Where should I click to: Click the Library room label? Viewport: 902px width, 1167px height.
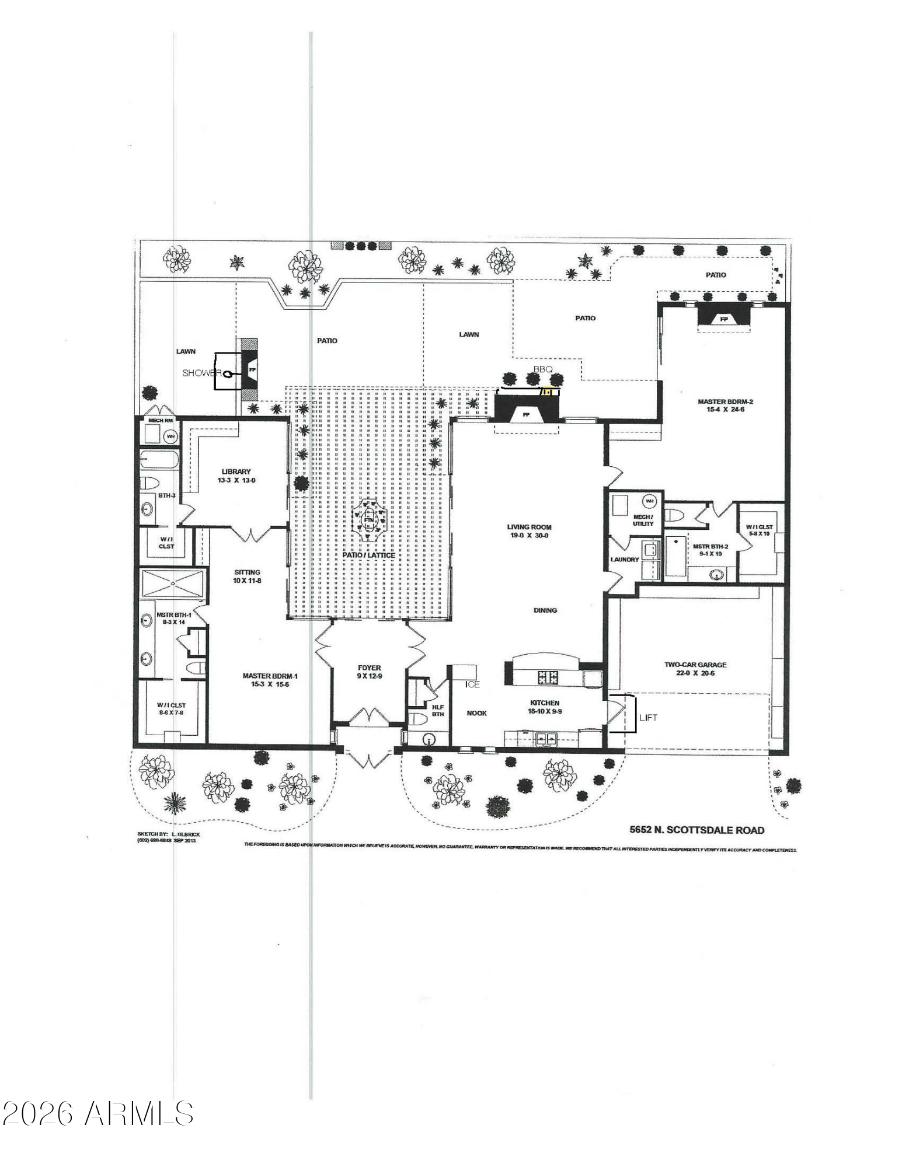tap(236, 476)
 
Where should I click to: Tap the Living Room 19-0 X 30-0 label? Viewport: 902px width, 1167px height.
tap(529, 531)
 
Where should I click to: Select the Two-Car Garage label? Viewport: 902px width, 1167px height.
tap(695, 669)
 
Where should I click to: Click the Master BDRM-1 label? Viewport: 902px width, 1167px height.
tap(270, 680)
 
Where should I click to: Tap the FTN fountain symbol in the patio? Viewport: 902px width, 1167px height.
tap(369, 517)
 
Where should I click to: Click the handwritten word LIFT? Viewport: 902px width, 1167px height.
tap(648, 718)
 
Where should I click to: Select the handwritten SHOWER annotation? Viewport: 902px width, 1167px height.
tap(202, 373)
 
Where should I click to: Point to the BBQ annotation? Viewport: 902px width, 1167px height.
tap(542, 369)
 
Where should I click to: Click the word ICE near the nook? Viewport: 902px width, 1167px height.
tap(472, 684)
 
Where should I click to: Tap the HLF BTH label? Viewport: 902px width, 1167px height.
tap(438, 710)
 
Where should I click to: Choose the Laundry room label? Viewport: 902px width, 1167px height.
tap(625, 559)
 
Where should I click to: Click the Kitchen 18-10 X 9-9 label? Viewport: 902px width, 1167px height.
tap(545, 707)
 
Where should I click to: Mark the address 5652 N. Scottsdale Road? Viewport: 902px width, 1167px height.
tap(696, 830)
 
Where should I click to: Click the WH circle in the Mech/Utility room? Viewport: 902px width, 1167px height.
tap(650, 501)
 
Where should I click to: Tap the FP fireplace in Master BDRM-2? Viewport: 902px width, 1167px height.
tap(724, 319)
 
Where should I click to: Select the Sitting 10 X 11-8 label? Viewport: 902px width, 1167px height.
tap(247, 576)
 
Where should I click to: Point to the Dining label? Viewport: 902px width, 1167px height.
tap(545, 610)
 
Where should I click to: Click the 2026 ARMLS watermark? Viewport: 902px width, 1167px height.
tap(97, 1114)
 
